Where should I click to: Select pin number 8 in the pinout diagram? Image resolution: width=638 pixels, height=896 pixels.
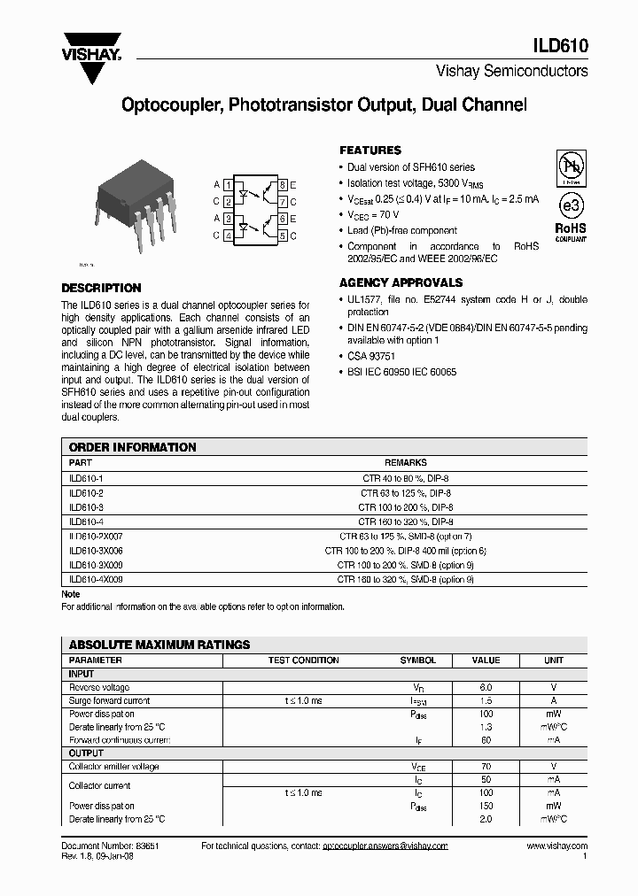point(282,185)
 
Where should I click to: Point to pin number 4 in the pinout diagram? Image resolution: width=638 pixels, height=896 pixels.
point(229,236)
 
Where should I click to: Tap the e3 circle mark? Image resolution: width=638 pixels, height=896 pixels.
point(570,205)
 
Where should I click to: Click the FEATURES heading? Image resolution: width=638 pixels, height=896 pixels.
point(370,151)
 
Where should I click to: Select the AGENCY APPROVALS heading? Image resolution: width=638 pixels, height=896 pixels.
point(401,282)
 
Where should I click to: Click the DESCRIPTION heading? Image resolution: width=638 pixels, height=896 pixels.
point(101,288)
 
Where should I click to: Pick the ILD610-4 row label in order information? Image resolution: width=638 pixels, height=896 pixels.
point(86,522)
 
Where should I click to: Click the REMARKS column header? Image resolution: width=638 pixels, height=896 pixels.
point(406,463)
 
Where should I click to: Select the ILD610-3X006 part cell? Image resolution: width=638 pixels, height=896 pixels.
point(96,551)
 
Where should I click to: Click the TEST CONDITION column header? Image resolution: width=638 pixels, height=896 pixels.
point(303,660)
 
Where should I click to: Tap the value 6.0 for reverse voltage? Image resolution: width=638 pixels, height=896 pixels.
point(486,687)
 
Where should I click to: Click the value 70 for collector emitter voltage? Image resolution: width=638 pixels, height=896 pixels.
point(486,767)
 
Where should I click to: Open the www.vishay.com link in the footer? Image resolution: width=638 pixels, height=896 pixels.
point(556,846)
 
